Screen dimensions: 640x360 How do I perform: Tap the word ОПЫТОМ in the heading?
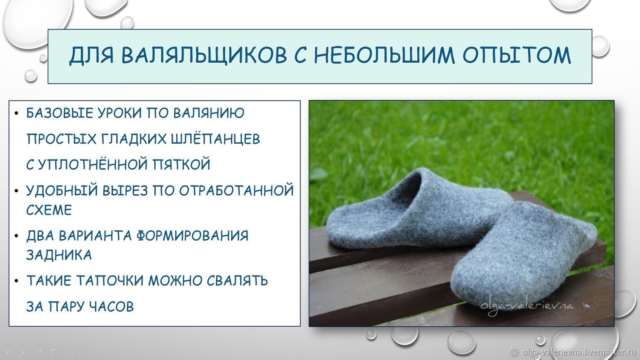[517, 55]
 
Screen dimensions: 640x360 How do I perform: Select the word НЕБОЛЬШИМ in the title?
[384, 55]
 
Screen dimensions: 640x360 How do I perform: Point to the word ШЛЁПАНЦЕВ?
[215, 139]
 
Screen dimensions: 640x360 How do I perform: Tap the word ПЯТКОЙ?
[181, 164]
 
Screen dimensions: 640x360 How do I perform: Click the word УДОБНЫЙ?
[62, 190]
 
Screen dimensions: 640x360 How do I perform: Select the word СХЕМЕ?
[49, 210]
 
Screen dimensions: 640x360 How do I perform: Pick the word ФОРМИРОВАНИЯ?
[192, 236]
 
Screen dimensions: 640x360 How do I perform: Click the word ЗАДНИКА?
[59, 255]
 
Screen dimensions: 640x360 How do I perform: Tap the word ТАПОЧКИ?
[110, 281]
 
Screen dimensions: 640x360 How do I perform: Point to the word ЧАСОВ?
[111, 307]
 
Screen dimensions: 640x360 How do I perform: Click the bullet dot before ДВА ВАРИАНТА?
[17, 236]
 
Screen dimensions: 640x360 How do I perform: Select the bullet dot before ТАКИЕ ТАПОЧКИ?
[17, 281]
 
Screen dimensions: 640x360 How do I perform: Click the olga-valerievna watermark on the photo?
[527, 307]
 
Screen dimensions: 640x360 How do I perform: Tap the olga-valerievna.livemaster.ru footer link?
[579, 352]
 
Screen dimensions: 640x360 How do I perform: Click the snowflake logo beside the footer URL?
[515, 352]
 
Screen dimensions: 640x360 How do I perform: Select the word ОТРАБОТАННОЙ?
[236, 191]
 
